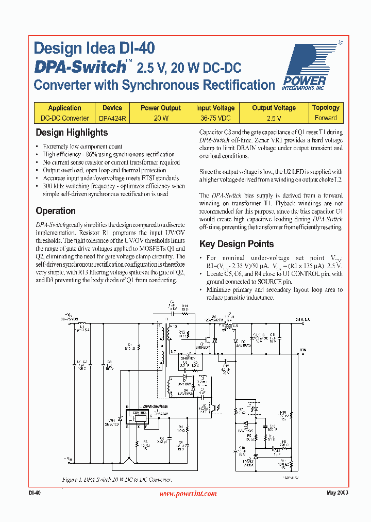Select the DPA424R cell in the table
tap(112, 118)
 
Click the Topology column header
tap(326, 108)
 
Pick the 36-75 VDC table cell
tap(215, 118)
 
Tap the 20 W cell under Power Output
tap(161, 118)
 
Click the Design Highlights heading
tap(72, 133)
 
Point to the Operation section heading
tap(56, 211)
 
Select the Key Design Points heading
tap(237, 244)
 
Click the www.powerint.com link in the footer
tap(188, 494)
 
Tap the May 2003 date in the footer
tap(338, 493)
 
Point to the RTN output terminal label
tap(303, 350)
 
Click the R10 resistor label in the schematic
tap(283, 413)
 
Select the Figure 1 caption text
tap(117, 480)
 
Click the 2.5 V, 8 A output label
tap(302, 320)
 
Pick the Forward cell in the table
tap(326, 118)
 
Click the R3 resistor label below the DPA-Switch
tap(146, 443)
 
